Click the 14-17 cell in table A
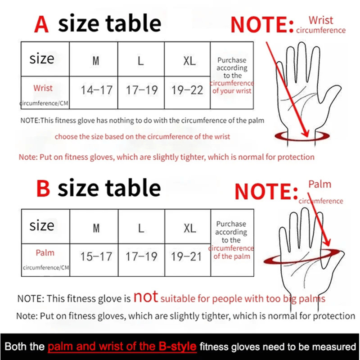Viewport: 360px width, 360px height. (96, 90)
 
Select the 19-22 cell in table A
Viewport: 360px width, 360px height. (187, 90)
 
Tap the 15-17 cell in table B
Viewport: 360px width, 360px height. (96, 256)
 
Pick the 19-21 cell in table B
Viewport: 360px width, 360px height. (187, 256)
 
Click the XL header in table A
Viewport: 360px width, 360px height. (189, 61)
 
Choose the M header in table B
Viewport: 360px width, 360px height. (96, 228)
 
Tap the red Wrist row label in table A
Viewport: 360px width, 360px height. (43, 88)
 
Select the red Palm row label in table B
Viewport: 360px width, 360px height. (45, 252)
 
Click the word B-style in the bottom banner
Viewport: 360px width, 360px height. (175, 347)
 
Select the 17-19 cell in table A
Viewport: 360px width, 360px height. (142, 90)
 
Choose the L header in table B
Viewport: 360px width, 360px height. (141, 228)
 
